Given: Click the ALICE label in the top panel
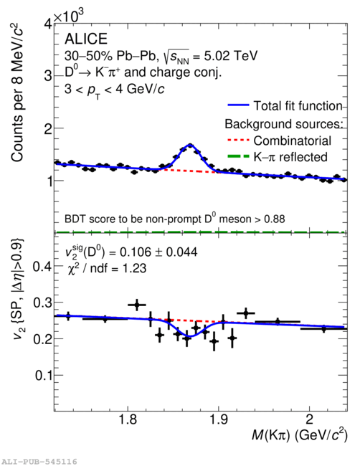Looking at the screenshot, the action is [x=86, y=39].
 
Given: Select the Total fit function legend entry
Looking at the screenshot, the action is [x=285, y=106].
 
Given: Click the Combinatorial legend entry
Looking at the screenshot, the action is [x=280, y=141].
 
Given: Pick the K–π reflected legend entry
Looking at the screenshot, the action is [x=278, y=157].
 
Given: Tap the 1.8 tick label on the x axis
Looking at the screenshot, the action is [x=128, y=419].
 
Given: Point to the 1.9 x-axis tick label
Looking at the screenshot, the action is [x=219, y=419].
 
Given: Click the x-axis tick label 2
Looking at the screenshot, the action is [x=310, y=419].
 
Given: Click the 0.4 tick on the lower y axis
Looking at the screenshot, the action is [x=42, y=266].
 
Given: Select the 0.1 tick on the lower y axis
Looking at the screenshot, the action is [x=43, y=376].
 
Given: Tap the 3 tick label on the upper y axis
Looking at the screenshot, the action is [x=47, y=75].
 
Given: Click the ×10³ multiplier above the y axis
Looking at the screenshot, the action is [x=69, y=16].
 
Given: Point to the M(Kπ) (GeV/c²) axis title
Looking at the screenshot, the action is [x=299, y=436].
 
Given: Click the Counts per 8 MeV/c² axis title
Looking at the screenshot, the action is [x=17, y=92].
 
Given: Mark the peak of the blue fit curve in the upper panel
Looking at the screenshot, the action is [x=190, y=145].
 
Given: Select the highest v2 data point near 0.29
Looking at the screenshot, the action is [x=137, y=305].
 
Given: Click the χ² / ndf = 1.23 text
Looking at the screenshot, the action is [x=107, y=269].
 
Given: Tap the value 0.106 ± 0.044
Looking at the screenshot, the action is [x=158, y=252].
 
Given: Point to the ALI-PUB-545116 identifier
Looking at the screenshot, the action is [x=39, y=462].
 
